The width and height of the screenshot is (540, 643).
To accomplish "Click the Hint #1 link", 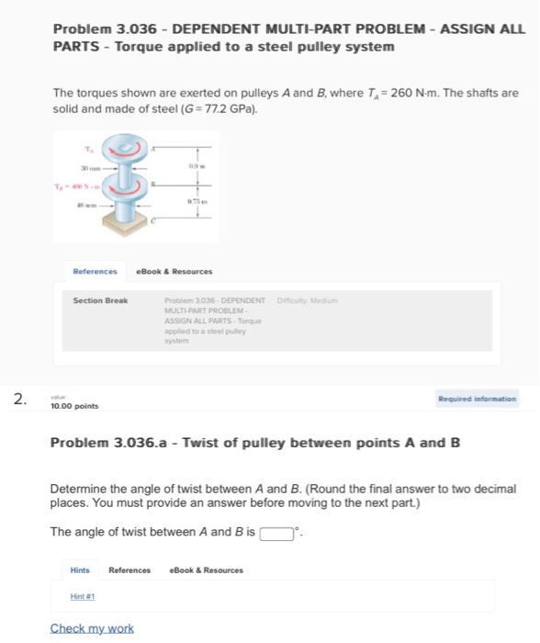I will [x=84, y=595].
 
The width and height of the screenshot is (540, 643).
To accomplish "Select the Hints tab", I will [x=81, y=570].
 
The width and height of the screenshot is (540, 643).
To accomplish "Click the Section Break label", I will [x=101, y=301].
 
